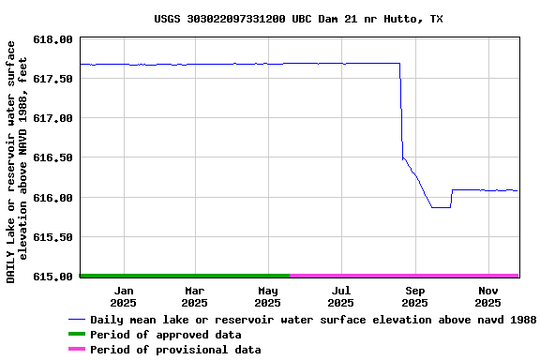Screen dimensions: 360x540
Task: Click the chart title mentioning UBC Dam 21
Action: point(298,19)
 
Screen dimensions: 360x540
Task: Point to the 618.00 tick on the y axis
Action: point(52,39)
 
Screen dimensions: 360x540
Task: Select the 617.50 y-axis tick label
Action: point(52,79)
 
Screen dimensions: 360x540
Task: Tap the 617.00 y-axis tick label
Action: point(52,118)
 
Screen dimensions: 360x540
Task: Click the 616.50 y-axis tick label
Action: point(52,158)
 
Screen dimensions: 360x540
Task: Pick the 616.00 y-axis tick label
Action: point(52,198)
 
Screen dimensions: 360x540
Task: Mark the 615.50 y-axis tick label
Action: point(52,237)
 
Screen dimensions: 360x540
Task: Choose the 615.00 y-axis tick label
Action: point(52,277)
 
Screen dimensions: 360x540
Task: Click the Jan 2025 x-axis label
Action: point(123,296)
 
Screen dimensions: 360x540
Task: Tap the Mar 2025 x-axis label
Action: point(195,296)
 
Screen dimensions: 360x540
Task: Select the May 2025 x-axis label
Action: point(268,296)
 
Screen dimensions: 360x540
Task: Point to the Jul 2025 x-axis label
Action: point(341,296)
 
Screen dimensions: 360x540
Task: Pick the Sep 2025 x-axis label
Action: point(415,296)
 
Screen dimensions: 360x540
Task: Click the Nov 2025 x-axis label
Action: point(488,296)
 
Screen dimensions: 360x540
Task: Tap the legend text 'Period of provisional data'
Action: point(175,350)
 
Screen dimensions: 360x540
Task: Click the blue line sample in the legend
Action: point(76,320)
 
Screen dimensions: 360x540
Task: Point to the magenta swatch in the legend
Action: point(76,350)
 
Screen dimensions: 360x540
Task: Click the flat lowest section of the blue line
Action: point(441,207)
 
